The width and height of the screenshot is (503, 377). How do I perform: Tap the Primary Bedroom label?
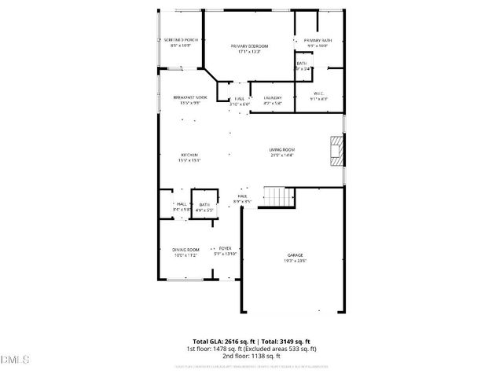(x=249, y=46)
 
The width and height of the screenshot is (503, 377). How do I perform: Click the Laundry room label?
(x=273, y=97)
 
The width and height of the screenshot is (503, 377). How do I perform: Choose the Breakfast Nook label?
(x=190, y=97)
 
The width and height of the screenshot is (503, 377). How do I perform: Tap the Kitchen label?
(x=189, y=155)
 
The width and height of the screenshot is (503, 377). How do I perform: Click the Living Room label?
(x=281, y=149)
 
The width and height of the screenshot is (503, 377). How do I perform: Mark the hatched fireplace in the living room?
(x=336, y=151)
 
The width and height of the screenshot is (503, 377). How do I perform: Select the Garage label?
(x=295, y=256)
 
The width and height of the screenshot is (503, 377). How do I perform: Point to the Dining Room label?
(x=185, y=250)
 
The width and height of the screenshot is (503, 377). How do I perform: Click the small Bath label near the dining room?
(x=204, y=204)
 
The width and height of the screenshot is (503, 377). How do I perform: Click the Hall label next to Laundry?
(x=240, y=98)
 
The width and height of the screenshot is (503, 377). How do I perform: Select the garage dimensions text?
(x=295, y=262)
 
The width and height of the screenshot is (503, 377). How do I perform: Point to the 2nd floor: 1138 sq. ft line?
(x=251, y=356)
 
